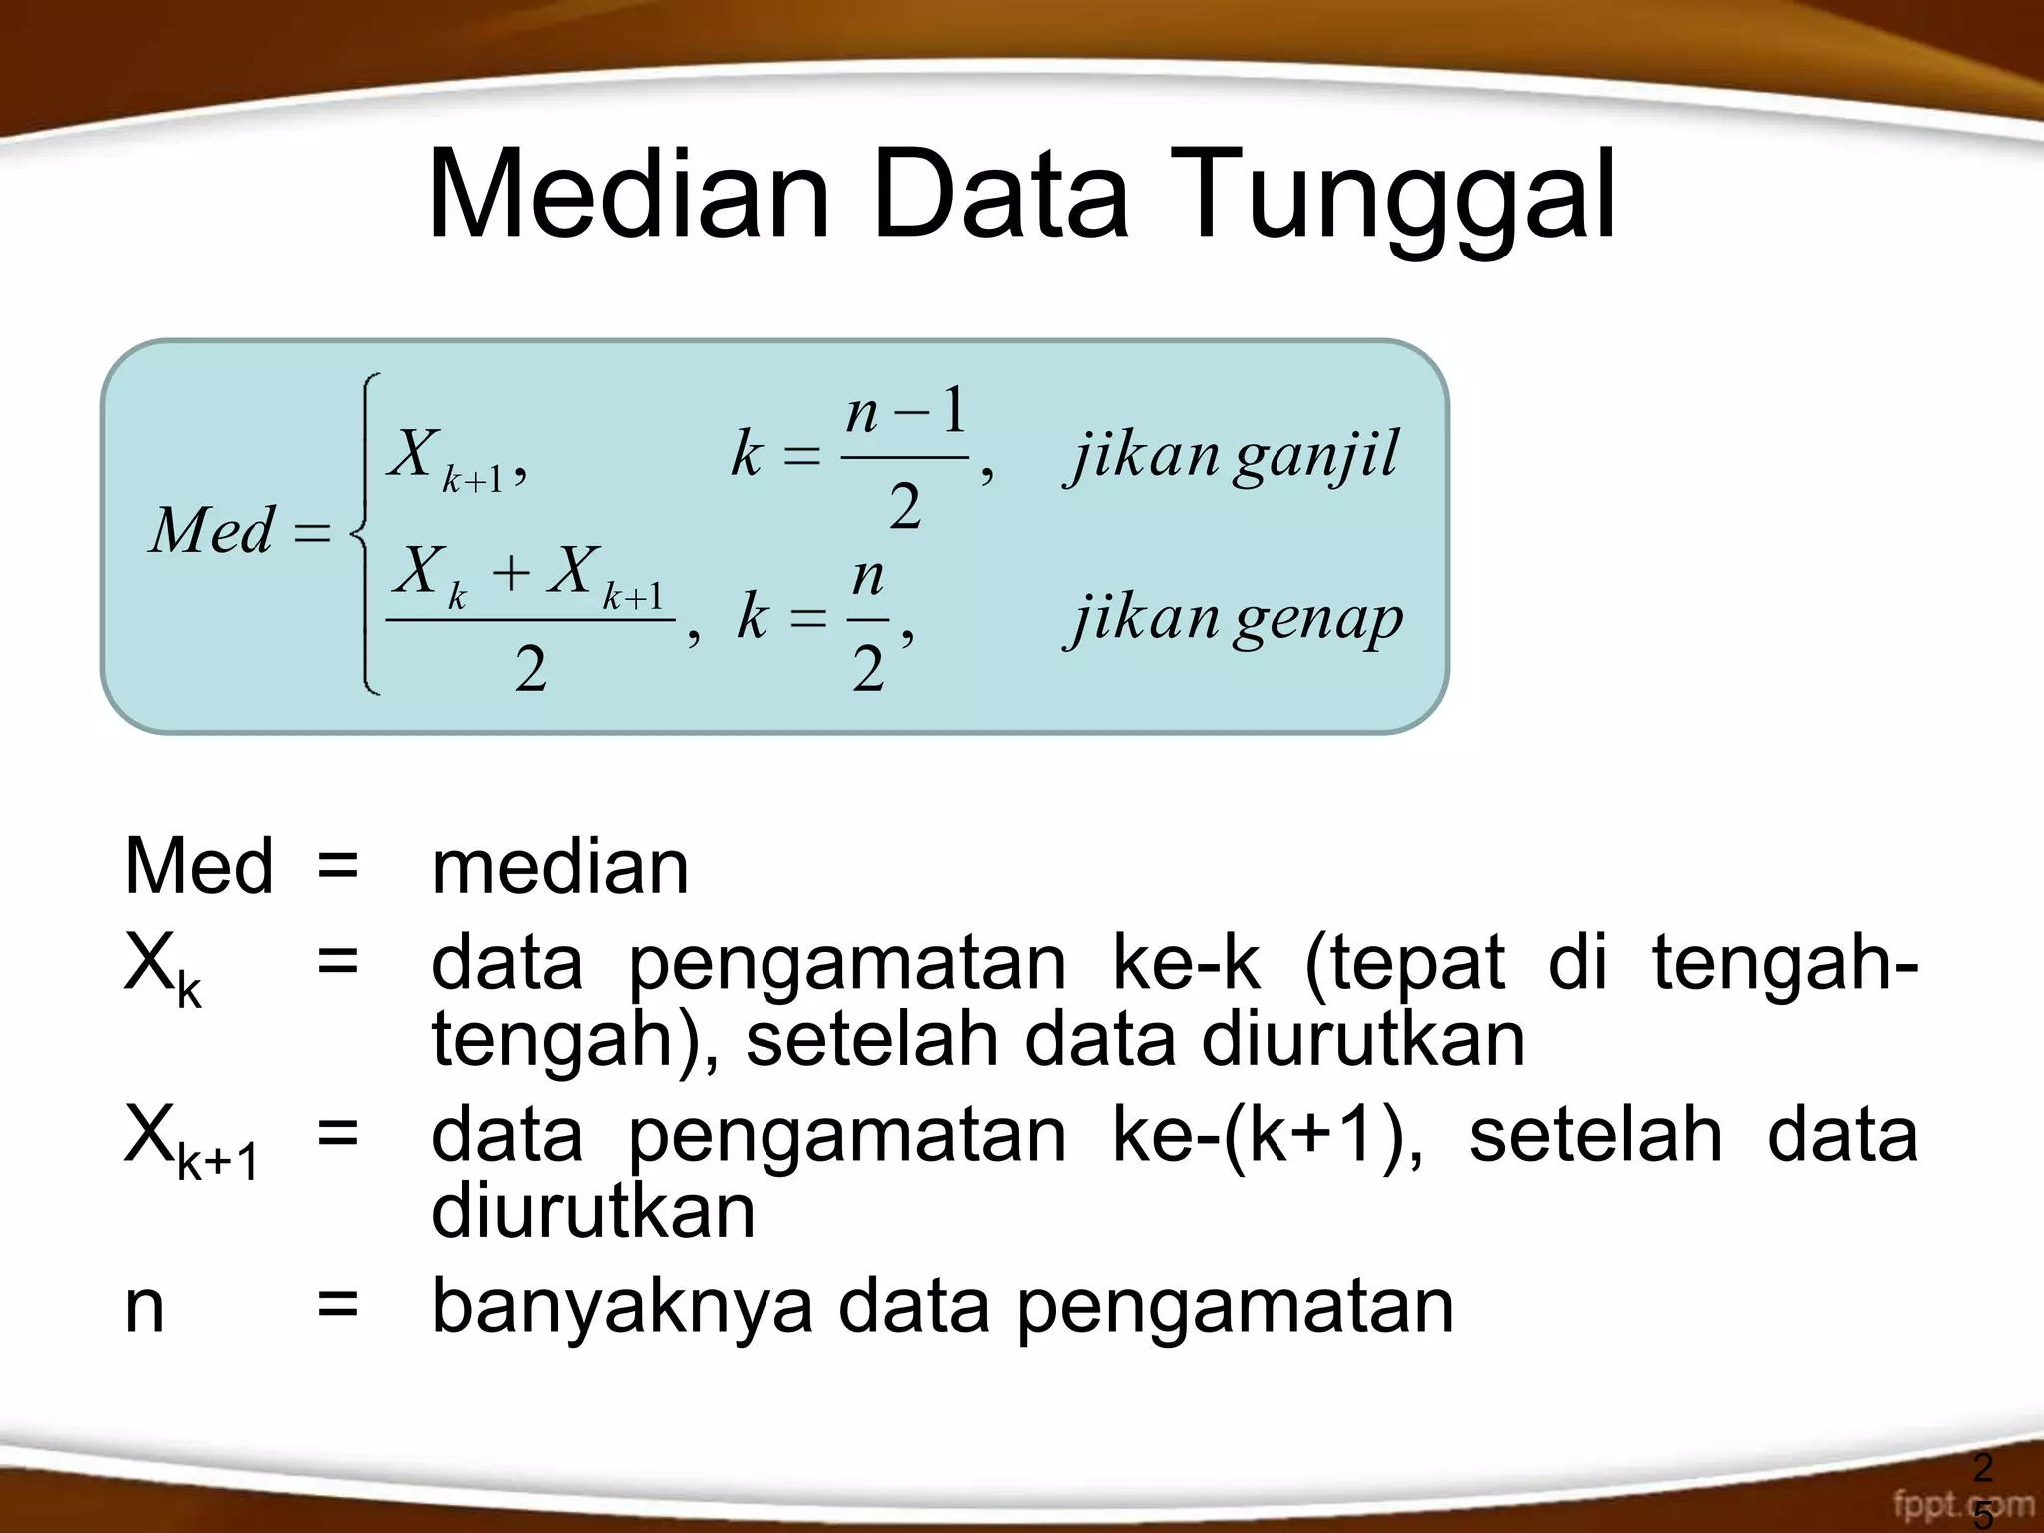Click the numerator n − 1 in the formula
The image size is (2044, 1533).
pos(905,411)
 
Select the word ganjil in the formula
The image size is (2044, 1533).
pos(1316,456)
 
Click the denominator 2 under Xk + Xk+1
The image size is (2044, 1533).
pos(530,669)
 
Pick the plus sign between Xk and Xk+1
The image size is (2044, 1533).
pos(510,574)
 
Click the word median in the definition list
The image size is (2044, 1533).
pos(560,867)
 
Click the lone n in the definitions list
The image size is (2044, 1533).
pos(144,1307)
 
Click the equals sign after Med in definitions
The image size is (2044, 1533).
pos(337,867)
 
